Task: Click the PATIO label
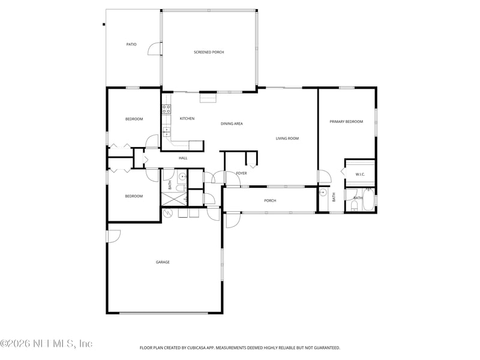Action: pos(131,44)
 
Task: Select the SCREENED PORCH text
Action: pos(209,52)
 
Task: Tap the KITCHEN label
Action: pos(187,118)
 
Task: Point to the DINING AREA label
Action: pos(232,124)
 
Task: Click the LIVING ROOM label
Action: pos(287,139)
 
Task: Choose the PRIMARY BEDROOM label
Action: pos(346,122)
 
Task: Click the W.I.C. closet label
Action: pos(360,175)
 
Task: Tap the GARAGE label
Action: pos(163,262)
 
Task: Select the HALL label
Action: pos(183,158)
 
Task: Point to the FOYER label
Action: pos(241,173)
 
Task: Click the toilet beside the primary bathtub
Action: pos(354,206)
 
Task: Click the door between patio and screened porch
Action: pos(155,49)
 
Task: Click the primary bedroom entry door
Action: pos(324,176)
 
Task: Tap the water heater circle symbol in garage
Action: pos(167,212)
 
